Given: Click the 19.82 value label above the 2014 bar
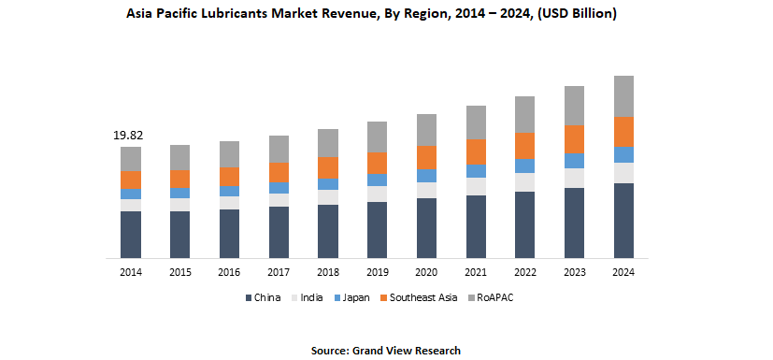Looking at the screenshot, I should pyautogui.click(x=129, y=136).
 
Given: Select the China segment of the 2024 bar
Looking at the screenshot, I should pyautogui.click(x=623, y=220).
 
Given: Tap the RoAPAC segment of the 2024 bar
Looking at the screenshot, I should pyautogui.click(x=623, y=96).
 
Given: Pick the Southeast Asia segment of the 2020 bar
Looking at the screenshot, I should pyautogui.click(x=426, y=157).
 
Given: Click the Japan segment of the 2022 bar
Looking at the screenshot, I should pyautogui.click(x=524, y=166).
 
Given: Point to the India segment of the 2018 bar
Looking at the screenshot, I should pyautogui.click(x=327, y=197).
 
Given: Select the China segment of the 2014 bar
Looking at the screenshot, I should pyautogui.click(x=131, y=234).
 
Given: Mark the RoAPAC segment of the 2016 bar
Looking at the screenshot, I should pyautogui.click(x=229, y=154).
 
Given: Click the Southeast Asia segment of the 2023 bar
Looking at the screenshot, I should pyautogui.click(x=574, y=138).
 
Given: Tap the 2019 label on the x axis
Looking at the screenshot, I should pyautogui.click(x=377, y=272).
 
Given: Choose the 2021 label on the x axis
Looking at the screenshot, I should pyautogui.click(x=476, y=272).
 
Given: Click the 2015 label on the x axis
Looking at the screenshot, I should pyautogui.click(x=179, y=272).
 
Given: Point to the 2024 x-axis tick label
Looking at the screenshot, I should pyautogui.click(x=623, y=272).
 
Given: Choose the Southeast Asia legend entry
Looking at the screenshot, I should pyautogui.click(x=422, y=297).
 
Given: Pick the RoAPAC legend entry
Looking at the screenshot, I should pyautogui.click(x=495, y=297).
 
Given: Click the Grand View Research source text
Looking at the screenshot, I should pyautogui.click(x=406, y=350).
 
